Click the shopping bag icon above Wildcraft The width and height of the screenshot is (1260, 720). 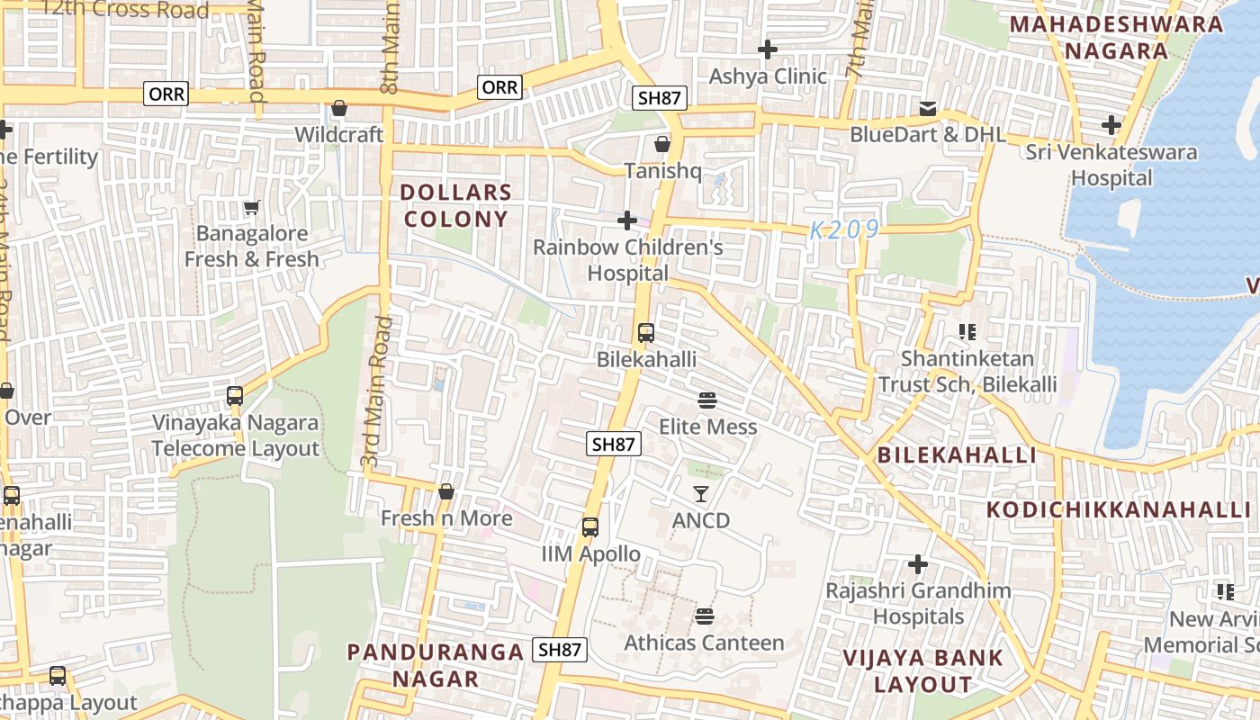pyautogui.click(x=339, y=109)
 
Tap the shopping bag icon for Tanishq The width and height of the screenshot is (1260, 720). pyautogui.click(x=662, y=144)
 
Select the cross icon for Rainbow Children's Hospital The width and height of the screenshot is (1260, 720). pyautogui.click(x=627, y=220)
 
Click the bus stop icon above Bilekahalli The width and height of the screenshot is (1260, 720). pyautogui.click(x=646, y=333)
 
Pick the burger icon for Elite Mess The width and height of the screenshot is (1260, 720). pyautogui.click(x=707, y=400)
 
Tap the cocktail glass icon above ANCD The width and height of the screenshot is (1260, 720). pyautogui.click(x=701, y=493)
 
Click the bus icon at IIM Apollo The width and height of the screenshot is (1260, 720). pyautogui.click(x=590, y=527)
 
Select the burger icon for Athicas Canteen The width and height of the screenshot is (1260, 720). pyautogui.click(x=705, y=616)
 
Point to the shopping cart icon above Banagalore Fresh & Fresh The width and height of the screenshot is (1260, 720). pyautogui.click(x=251, y=207)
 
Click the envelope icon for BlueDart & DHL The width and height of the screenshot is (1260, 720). pyautogui.click(x=928, y=109)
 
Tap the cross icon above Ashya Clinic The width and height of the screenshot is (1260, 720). pyautogui.click(x=768, y=49)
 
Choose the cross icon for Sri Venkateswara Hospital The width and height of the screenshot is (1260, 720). pyautogui.click(x=1112, y=124)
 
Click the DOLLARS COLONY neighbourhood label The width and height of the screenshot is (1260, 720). pyautogui.click(x=456, y=205)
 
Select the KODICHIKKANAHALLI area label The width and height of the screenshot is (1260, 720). pyautogui.click(x=1119, y=509)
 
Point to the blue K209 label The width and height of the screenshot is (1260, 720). pyautogui.click(x=844, y=230)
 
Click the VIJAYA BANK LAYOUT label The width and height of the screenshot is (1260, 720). pyautogui.click(x=923, y=670)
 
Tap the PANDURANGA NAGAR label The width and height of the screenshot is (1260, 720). pyautogui.click(x=436, y=665)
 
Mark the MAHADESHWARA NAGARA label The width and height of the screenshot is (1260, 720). pyautogui.click(x=1116, y=37)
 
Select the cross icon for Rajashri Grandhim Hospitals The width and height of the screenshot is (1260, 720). pyautogui.click(x=918, y=564)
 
